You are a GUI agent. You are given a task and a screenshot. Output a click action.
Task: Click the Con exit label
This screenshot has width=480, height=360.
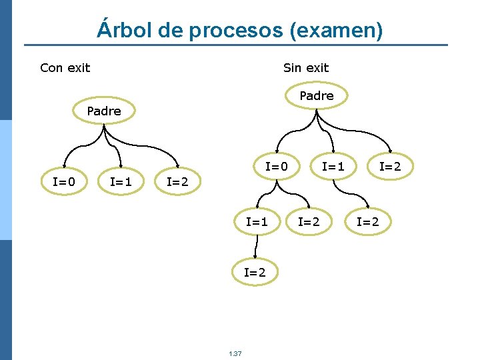coord(65,67)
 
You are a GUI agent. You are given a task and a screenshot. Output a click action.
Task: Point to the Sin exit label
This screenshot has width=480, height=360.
coord(306,67)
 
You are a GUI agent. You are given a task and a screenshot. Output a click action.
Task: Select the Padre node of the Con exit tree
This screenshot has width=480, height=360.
coord(104,111)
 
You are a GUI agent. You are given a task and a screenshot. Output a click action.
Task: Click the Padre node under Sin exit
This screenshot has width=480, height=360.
coord(317,96)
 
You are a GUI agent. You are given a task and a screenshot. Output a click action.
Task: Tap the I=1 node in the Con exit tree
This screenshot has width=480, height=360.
coord(121,181)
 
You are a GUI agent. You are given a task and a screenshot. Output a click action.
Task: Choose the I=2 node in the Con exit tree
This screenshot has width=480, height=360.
coord(177,181)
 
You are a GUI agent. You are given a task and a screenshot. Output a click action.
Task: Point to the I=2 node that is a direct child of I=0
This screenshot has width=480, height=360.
coord(309,221)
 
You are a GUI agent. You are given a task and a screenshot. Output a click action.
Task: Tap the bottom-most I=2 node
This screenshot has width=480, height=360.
coord(255,272)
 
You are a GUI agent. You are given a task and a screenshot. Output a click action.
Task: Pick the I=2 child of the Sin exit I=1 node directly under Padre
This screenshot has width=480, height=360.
coord(367,221)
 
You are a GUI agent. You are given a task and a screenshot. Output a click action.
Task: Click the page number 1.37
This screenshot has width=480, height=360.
coord(235,353)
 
